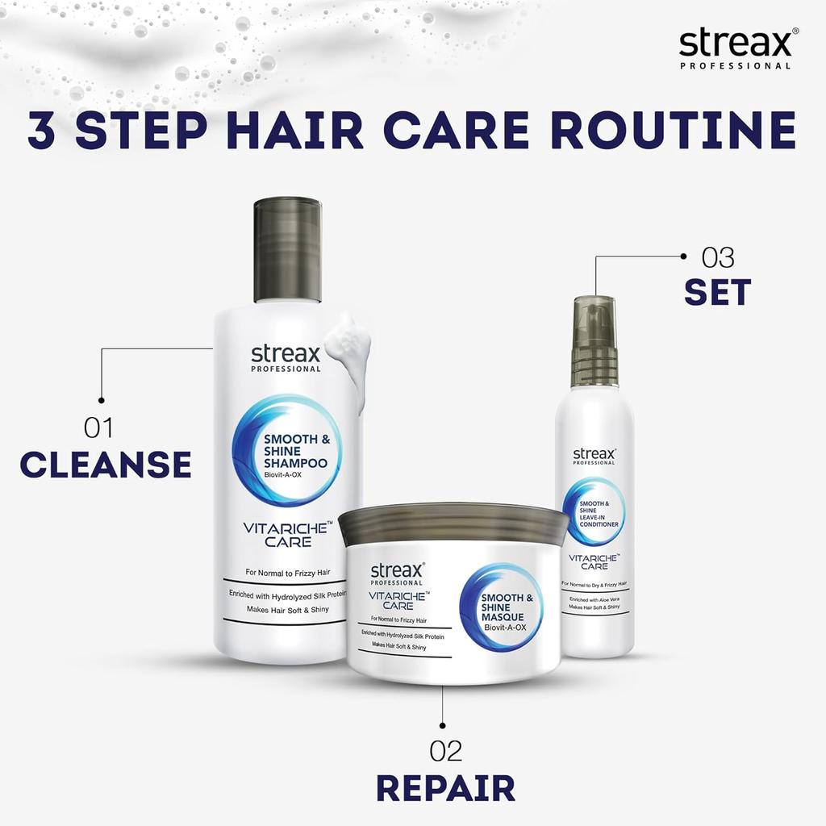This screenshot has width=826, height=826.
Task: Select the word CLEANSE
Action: pyautogui.click(x=106, y=465)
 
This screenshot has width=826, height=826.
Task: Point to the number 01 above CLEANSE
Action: pyautogui.click(x=98, y=428)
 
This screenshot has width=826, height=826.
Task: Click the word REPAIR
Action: pyautogui.click(x=445, y=787)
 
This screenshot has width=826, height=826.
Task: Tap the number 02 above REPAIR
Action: pyautogui.click(x=446, y=751)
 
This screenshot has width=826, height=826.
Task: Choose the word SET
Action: pyautogui.click(x=718, y=293)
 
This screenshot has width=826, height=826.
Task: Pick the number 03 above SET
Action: pyautogui.click(x=718, y=258)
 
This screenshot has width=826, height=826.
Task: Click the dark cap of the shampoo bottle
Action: pyautogui.click(x=288, y=249)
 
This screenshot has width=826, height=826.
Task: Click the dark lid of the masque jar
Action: pyautogui.click(x=453, y=523)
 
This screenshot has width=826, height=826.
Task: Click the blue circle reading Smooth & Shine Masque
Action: pyautogui.click(x=501, y=607)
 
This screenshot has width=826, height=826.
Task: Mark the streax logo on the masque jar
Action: pyautogui.click(x=397, y=574)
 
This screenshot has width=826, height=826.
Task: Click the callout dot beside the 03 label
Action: pyautogui.click(x=683, y=257)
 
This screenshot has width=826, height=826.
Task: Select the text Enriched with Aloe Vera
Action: pyautogui.click(x=594, y=600)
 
